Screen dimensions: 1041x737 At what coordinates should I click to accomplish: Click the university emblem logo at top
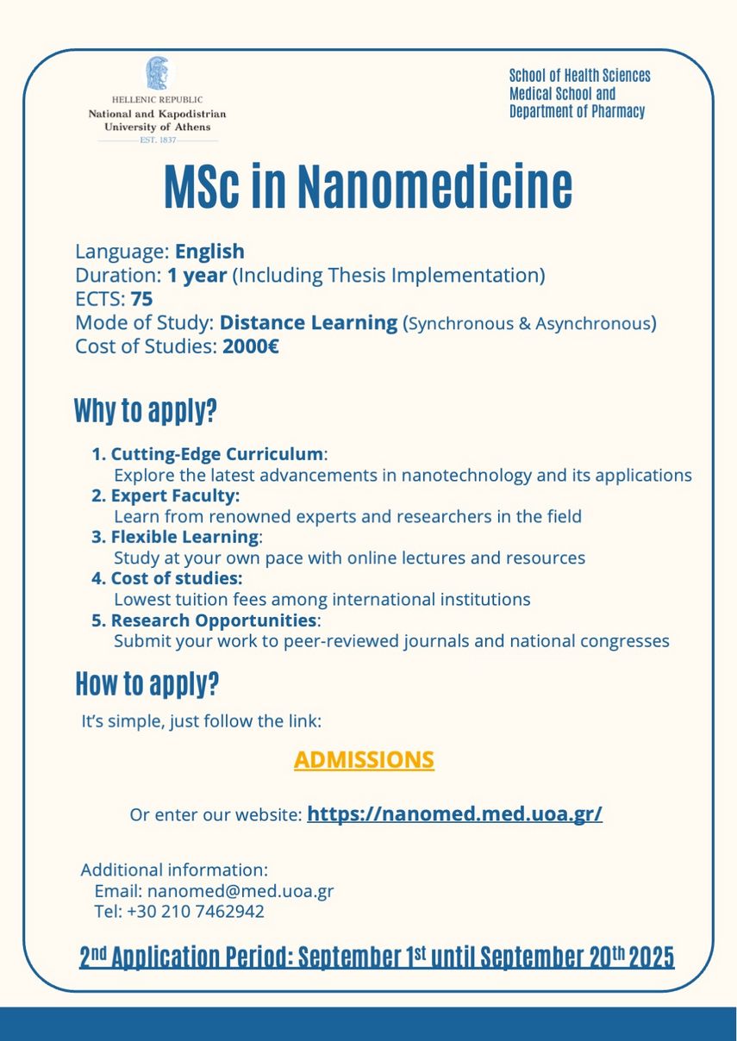click(x=157, y=73)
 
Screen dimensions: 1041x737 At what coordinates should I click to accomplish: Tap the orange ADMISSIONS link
click(x=364, y=760)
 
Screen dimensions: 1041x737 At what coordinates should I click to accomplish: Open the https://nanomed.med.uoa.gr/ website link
click(x=454, y=814)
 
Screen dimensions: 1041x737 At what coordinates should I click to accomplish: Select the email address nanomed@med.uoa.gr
click(x=240, y=891)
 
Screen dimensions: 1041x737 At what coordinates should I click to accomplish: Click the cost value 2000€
click(x=250, y=346)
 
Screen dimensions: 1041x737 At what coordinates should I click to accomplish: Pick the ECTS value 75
click(x=142, y=299)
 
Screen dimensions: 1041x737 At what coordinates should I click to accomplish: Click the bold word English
click(x=209, y=252)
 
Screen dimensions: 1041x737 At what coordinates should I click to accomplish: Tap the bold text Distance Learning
click(x=309, y=323)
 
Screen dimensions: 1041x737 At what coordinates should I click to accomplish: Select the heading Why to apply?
click(x=145, y=411)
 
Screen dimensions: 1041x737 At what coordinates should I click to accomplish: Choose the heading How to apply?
click(x=147, y=684)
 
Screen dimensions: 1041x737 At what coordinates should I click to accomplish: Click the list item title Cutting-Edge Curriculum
click(x=217, y=454)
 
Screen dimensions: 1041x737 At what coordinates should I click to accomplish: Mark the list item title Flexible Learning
click(x=184, y=537)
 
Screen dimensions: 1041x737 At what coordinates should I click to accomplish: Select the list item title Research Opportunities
click(x=214, y=620)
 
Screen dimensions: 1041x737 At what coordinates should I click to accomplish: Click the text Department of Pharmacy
click(x=577, y=112)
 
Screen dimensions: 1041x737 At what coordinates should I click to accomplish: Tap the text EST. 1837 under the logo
click(x=158, y=140)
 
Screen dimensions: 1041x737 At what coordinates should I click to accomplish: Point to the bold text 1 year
click(x=197, y=276)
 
